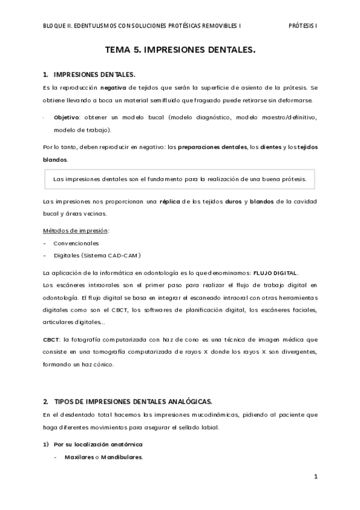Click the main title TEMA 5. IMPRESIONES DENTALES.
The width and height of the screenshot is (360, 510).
pos(180,51)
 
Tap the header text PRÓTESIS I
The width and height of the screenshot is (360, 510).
pos(303,26)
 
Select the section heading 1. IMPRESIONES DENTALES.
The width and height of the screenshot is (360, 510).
pos(89,75)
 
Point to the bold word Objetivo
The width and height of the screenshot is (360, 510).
pos(67,117)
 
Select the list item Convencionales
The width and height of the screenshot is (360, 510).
pos(76,243)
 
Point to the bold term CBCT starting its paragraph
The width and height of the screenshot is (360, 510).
pos(51,339)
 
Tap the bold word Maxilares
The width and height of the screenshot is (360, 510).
pos(80,457)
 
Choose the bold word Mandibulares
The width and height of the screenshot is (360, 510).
pos(122,457)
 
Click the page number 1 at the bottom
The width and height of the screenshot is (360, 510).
pos(315,477)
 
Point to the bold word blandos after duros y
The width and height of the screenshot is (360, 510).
pos(262,200)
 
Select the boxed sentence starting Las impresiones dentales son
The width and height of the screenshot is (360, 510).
pos(180,178)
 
